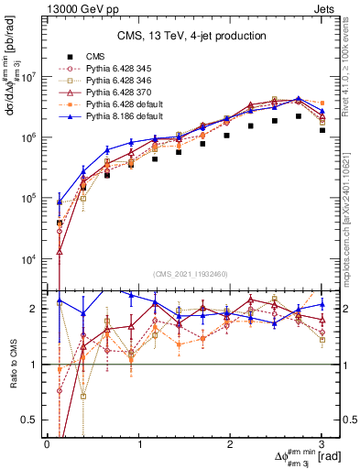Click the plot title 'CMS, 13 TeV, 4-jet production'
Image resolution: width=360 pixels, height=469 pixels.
192,36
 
